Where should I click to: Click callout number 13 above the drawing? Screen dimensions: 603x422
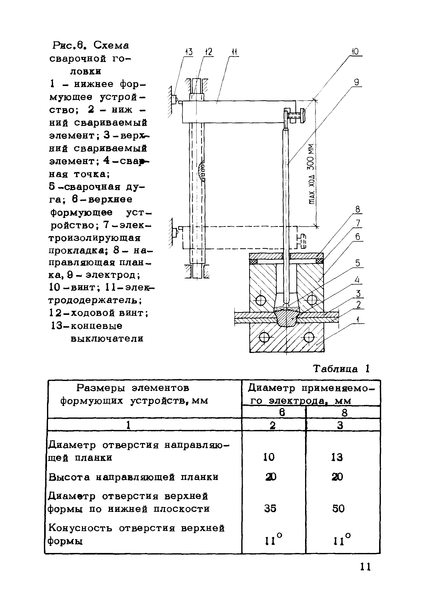189,52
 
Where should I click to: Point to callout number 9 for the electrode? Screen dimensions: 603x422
356,82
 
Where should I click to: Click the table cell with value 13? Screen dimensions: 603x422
337,458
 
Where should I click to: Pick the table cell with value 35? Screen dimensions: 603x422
270,508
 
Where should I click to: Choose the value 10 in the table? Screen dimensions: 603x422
269,457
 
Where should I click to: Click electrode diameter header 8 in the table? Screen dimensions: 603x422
344,413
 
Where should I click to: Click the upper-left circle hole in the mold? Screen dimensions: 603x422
261,300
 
